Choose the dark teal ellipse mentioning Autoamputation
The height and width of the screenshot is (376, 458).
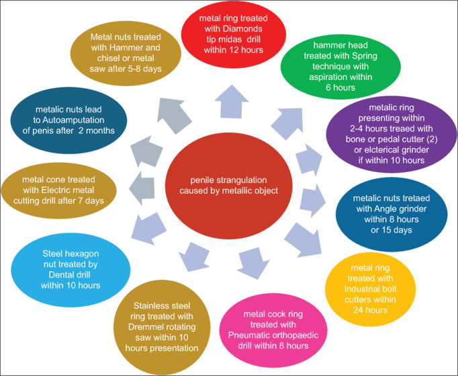pyautogui.click(x=67, y=124)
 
